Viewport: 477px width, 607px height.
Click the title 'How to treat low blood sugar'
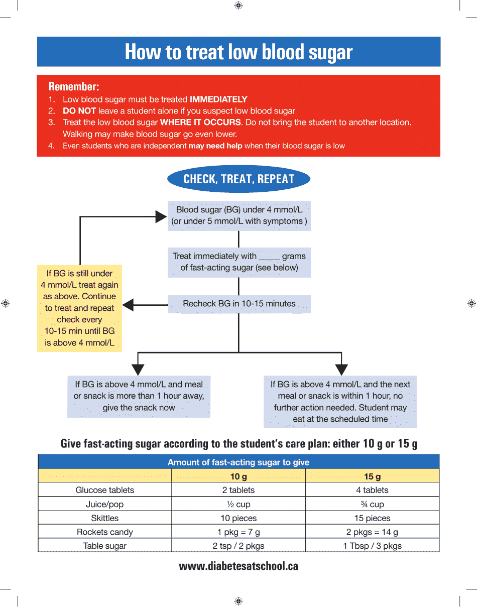pyautogui.click(x=238, y=52)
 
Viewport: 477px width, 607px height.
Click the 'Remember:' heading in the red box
pyautogui.click(x=74, y=86)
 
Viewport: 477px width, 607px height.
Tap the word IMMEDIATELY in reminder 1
pyautogui.click(x=218, y=99)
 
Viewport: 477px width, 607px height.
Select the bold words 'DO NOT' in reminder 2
pyautogui.click(x=79, y=111)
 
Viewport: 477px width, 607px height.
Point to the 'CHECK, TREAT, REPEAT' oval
pyautogui.click(x=238, y=179)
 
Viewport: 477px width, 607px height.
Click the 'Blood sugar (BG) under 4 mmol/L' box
pyautogui.click(x=239, y=215)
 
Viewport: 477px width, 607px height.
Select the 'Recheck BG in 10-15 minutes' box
pyautogui.click(x=239, y=304)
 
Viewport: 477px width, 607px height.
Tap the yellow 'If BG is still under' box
pyautogui.click(x=79, y=308)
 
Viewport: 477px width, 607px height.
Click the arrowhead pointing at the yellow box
pyautogui.click(x=128, y=304)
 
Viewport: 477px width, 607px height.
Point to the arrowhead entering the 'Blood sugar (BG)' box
pyautogui.click(x=161, y=216)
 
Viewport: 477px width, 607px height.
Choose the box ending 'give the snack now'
pyautogui.click(x=139, y=396)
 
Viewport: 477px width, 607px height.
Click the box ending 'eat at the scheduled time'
pyautogui.click(x=340, y=402)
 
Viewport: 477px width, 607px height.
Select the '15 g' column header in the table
pyautogui.click(x=372, y=476)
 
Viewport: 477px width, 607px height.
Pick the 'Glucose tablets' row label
pyautogui.click(x=105, y=490)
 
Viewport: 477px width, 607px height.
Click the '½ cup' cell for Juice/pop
pyautogui.click(x=238, y=505)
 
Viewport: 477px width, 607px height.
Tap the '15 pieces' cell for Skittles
pyautogui.click(x=372, y=518)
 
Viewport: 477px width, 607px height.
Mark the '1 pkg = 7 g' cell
pyautogui.click(x=238, y=532)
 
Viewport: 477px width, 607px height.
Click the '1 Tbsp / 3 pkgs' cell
pyautogui.click(x=372, y=546)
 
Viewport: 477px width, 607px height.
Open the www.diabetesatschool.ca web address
pyautogui.click(x=238, y=566)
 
